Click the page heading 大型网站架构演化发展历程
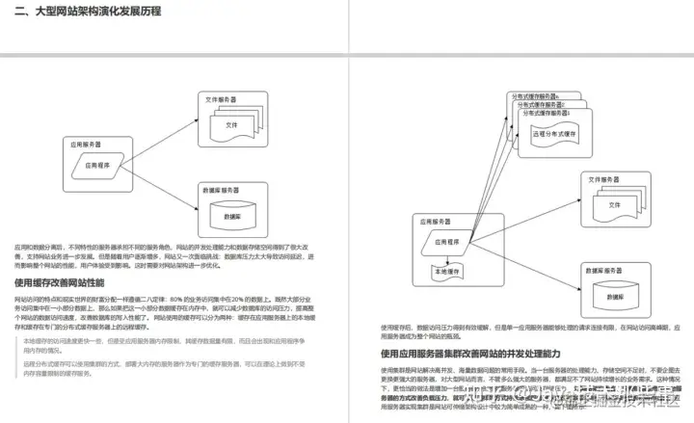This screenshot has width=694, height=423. (88, 12)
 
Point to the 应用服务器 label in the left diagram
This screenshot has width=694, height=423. (85, 143)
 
